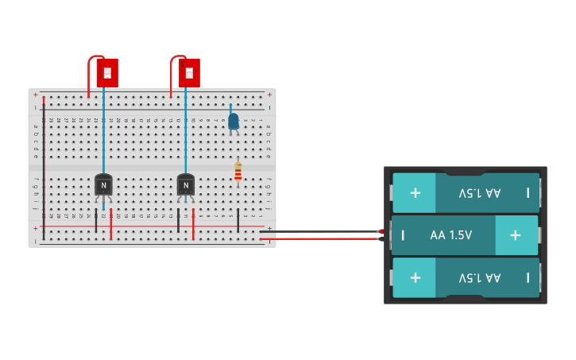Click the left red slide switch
click(107, 72)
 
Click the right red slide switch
click(189, 72)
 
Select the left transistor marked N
click(103, 185)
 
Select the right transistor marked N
click(186, 185)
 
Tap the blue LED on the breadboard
click(233, 122)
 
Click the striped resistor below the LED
click(238, 172)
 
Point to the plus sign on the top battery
click(415, 193)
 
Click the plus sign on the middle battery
click(515, 235)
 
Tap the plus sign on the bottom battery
click(415, 277)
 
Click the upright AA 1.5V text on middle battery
click(450, 235)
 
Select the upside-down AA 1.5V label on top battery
click(479, 193)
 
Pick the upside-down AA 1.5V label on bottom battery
click(479, 277)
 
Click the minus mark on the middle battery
click(403, 235)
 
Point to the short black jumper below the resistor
click(238, 221)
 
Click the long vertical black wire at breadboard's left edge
click(44, 159)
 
